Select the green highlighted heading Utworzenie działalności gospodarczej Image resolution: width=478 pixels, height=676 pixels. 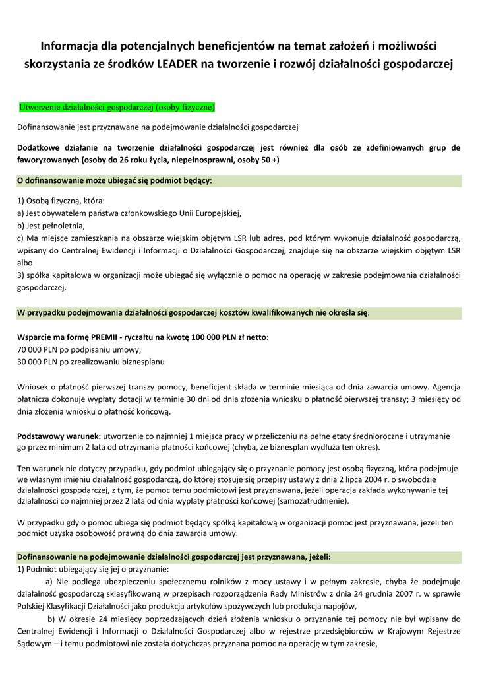[x=117, y=106]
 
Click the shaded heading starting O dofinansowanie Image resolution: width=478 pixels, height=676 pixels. [x=115, y=180]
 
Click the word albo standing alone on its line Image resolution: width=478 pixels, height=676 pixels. [x=24, y=262]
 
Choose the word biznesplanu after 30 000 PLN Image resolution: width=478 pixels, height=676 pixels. [x=142, y=362]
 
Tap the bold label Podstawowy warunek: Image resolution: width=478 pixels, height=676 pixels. [x=59, y=436]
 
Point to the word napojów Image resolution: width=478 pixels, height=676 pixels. [x=341, y=606]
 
